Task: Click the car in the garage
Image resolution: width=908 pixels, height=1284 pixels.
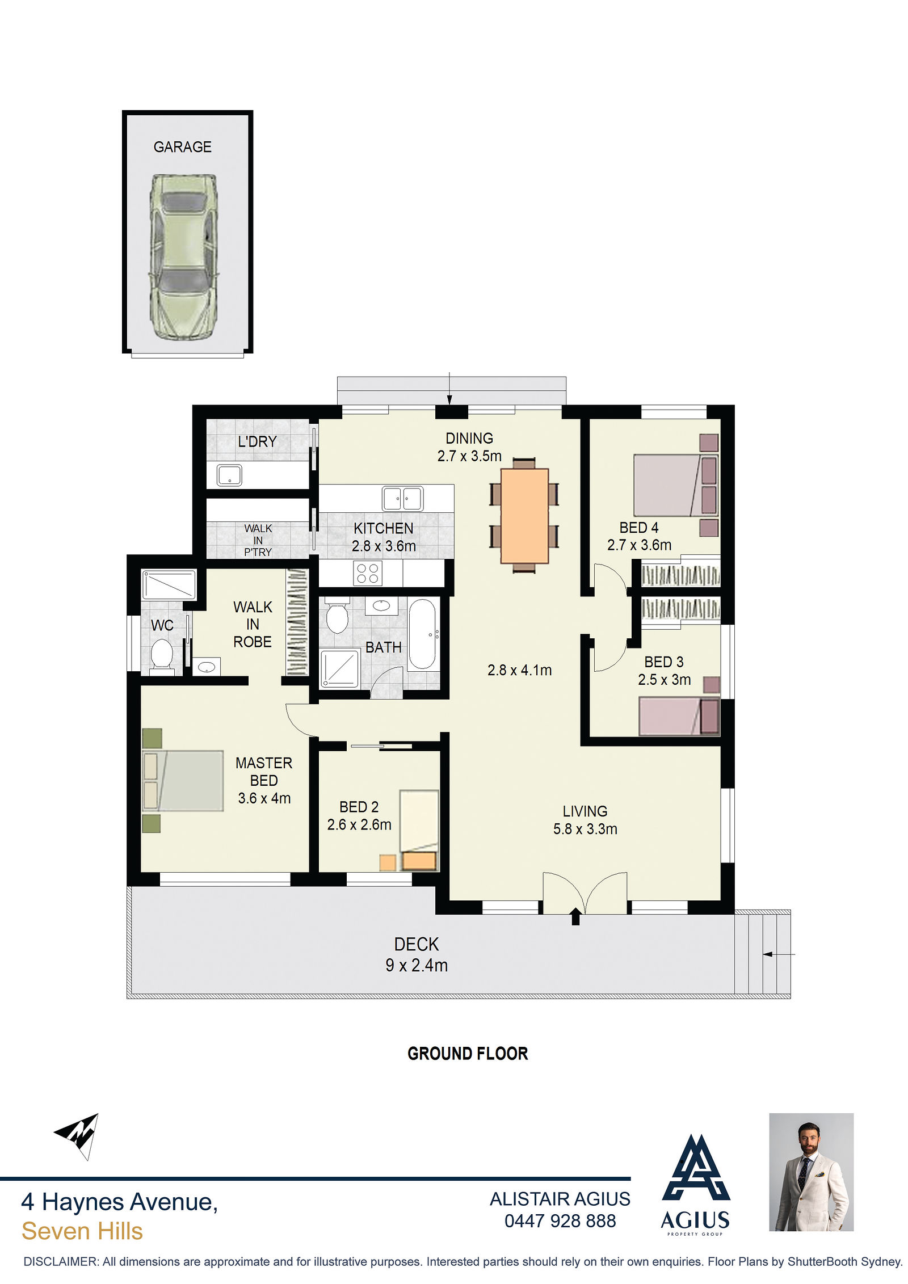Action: coord(182,256)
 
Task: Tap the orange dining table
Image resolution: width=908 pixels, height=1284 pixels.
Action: coord(524,515)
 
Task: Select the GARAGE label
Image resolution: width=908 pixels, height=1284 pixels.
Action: coord(182,147)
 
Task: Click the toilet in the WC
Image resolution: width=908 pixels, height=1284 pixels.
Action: coord(162,655)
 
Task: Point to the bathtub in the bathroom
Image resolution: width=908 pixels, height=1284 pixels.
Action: coord(422,634)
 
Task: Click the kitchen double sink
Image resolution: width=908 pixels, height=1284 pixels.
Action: coord(402,498)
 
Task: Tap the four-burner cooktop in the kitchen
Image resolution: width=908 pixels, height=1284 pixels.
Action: coord(367,572)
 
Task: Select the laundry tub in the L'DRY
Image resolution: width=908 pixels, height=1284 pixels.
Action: coord(229,475)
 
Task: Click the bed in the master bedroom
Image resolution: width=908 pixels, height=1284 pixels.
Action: coord(183,780)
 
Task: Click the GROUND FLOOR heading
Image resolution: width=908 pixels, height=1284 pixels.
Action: coord(468,1054)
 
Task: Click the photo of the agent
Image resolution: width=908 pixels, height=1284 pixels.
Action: coord(811,1172)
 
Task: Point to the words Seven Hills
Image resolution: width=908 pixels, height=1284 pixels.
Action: coord(82,1231)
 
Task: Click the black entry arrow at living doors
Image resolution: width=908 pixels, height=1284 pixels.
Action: coord(575,916)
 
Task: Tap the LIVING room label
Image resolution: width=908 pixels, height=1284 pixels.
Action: coord(585,811)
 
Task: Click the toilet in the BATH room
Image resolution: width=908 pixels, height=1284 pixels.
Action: coord(337,614)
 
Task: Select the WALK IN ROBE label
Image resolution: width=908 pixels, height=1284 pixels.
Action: coord(253,624)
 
